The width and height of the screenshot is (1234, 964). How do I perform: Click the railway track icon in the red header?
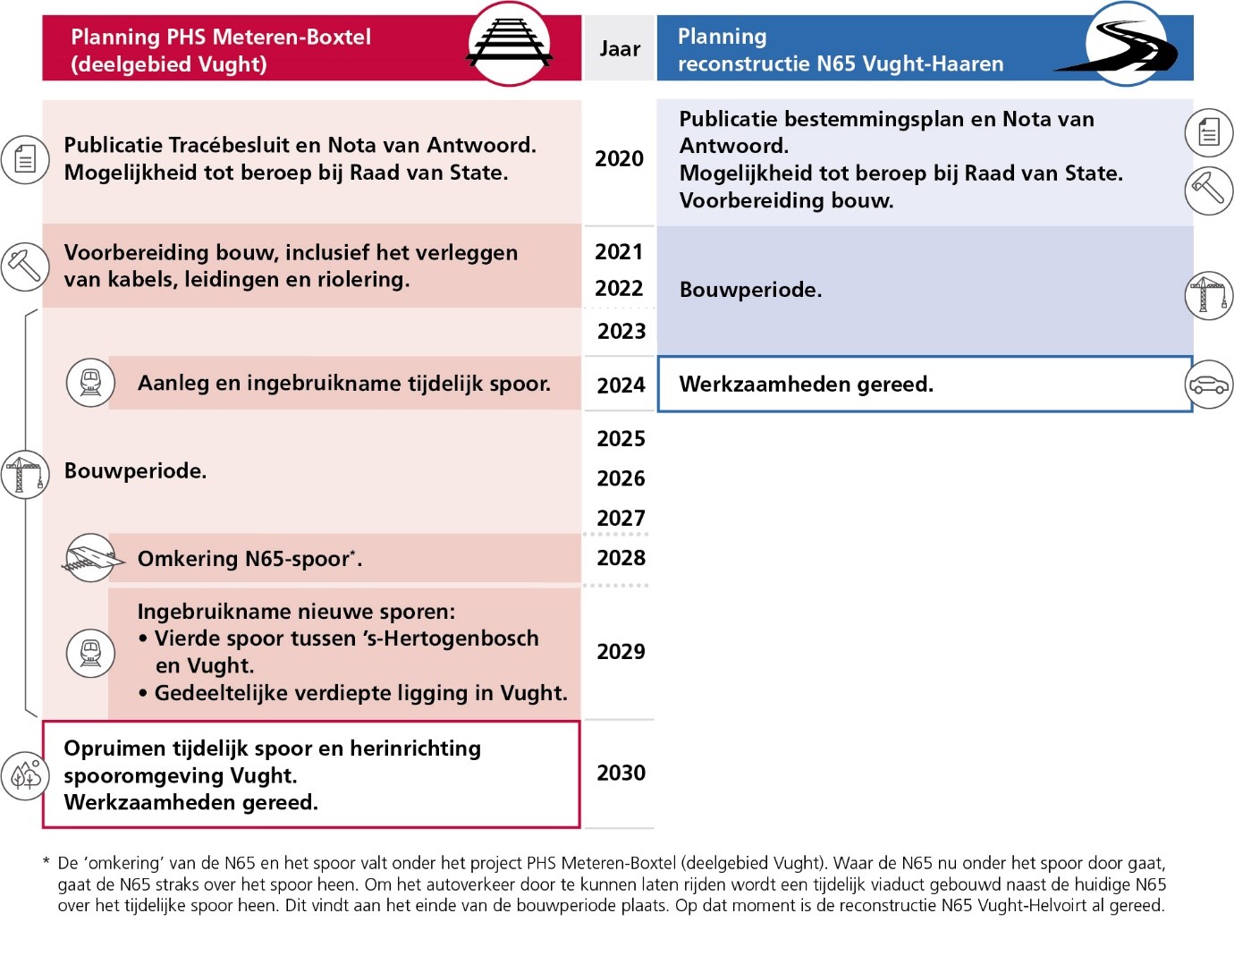pos(509,44)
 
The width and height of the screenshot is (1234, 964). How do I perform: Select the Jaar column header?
pos(620,49)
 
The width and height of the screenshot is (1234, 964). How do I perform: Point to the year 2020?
pos(619,159)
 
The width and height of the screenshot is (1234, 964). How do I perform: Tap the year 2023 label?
pos(621,332)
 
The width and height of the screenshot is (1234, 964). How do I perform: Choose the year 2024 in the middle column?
pos(621,385)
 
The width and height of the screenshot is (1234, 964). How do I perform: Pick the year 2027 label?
pos(621,519)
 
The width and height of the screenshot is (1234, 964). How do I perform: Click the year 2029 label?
pos(621,652)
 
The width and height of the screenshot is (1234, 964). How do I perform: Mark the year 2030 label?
pos(621,774)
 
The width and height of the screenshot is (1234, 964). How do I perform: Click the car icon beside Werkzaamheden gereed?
pos(1208,385)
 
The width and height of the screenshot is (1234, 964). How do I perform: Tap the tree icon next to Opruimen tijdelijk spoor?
pos(25,774)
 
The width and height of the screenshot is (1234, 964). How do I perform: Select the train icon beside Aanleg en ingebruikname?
pos(90,383)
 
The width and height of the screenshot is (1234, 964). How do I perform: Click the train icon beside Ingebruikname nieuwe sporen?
pos(90,652)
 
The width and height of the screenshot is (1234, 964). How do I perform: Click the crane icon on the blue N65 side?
pos(1208,295)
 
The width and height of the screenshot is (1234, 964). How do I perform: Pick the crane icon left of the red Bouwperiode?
pos(24,474)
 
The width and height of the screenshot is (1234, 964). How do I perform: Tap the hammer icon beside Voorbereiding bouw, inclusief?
pos(24,266)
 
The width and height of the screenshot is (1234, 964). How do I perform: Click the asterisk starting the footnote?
pos(46,862)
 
